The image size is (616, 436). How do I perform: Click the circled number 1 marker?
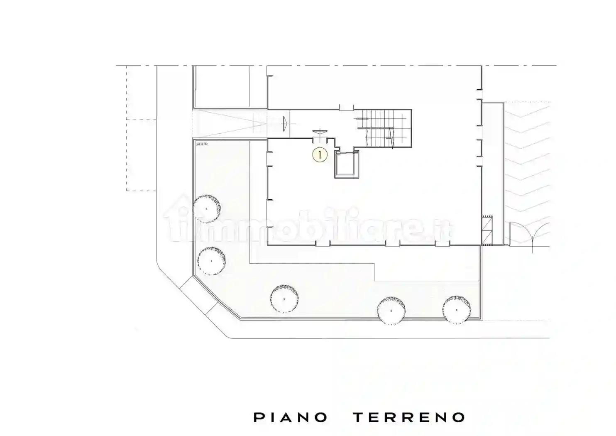tap(320, 155)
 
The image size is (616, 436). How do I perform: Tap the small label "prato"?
tap(202, 144)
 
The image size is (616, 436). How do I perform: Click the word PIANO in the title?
tap(290, 417)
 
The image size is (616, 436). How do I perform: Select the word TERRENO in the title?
tap(409, 417)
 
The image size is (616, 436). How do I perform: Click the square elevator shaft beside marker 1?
tap(346, 165)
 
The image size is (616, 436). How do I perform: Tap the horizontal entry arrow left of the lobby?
tap(285, 123)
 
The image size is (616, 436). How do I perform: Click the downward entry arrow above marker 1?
tap(320, 132)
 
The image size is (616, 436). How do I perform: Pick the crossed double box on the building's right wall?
tap(486, 229)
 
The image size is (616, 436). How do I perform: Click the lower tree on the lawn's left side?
tap(211, 260)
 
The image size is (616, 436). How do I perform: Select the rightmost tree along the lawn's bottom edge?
tap(457, 309)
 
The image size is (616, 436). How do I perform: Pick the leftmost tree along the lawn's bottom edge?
tap(284, 298)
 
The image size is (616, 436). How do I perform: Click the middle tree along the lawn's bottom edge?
tap(391, 310)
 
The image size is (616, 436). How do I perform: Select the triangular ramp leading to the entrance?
tap(232, 124)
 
